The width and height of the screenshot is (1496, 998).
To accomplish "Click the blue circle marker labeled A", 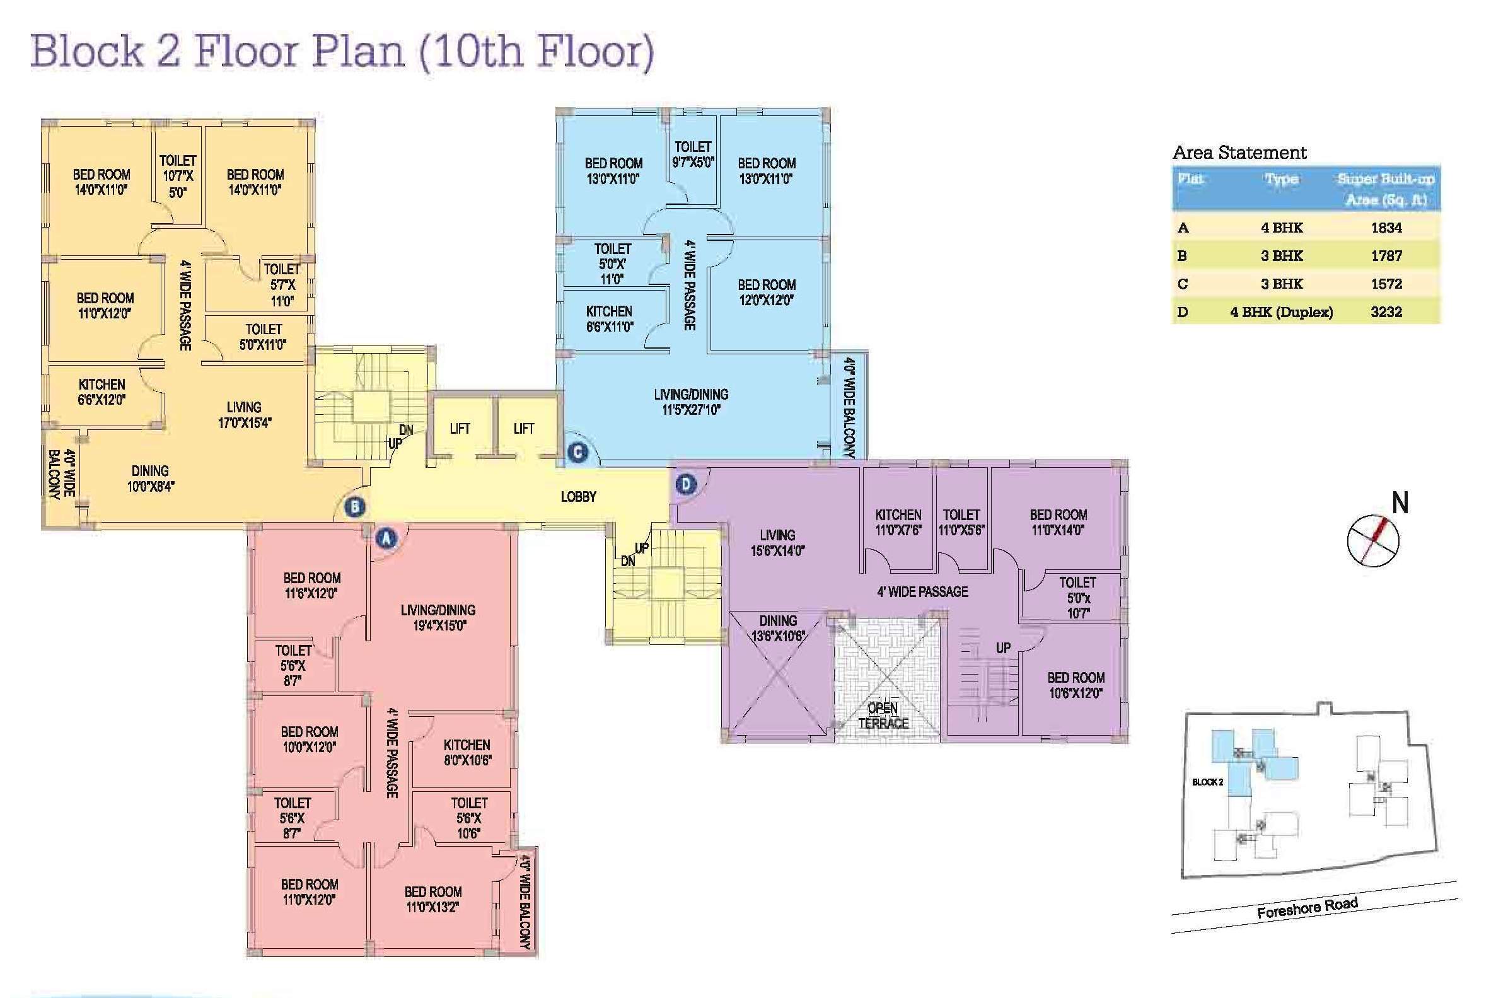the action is pyautogui.click(x=385, y=538).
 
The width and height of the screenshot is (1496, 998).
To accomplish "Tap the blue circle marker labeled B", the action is pyautogui.click(x=354, y=508).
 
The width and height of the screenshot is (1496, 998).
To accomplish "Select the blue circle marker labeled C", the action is pyautogui.click(x=577, y=453).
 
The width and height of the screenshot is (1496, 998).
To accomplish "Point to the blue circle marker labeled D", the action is pyautogui.click(x=685, y=484).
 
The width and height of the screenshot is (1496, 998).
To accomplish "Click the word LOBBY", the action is pyautogui.click(x=579, y=496).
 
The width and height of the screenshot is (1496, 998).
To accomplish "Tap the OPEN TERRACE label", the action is pyautogui.click(x=883, y=716).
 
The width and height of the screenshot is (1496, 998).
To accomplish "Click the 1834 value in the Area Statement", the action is pyautogui.click(x=1386, y=228).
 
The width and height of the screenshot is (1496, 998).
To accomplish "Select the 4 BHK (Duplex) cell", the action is pyautogui.click(x=1282, y=312).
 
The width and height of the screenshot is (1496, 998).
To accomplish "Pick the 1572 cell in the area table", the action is pyautogui.click(x=1386, y=284).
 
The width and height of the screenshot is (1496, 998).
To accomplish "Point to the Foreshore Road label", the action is pyautogui.click(x=1308, y=907).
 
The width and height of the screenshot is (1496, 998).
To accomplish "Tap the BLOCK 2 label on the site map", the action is pyautogui.click(x=1208, y=782).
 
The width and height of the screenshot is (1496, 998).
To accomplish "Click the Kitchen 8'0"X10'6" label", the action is pyautogui.click(x=467, y=752).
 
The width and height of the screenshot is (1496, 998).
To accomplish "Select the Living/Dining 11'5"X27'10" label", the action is pyautogui.click(x=691, y=402).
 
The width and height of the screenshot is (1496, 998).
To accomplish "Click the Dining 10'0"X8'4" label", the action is pyautogui.click(x=150, y=479).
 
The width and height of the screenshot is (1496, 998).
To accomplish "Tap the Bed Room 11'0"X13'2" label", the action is pyautogui.click(x=432, y=900).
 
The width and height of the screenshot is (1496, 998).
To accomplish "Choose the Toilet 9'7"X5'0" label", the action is pyautogui.click(x=693, y=154).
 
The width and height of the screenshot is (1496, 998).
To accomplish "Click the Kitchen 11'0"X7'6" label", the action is pyautogui.click(x=898, y=522).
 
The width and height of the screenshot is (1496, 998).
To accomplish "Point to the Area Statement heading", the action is pyautogui.click(x=1239, y=153).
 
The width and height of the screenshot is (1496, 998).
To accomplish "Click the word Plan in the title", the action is pyautogui.click(x=356, y=51).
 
